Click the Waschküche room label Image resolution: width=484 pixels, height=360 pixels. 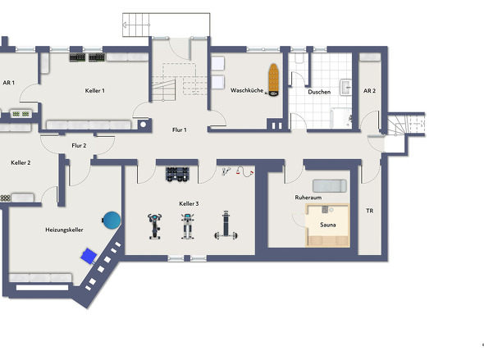click(x=247, y=90)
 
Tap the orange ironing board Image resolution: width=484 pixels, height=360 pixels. click(x=273, y=80)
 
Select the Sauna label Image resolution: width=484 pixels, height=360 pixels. click(x=328, y=225)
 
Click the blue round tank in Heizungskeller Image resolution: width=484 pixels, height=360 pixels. click(x=112, y=220)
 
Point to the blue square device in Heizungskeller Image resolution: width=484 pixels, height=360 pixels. click(x=89, y=256)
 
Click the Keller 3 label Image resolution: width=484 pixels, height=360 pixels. click(x=189, y=203)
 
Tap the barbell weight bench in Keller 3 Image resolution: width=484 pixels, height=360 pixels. click(x=226, y=226)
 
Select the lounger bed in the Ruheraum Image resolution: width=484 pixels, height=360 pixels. click(x=330, y=186)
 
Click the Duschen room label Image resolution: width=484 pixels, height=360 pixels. click(x=319, y=92)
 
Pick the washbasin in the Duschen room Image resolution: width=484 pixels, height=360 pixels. click(x=345, y=87)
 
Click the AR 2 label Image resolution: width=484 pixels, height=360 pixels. click(x=369, y=91)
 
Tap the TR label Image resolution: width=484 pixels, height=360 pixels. click(x=369, y=211)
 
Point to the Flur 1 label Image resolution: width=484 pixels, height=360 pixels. click(x=180, y=130)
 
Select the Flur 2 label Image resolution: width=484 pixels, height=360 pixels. click(x=79, y=145)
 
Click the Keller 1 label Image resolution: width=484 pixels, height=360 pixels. click(x=95, y=90)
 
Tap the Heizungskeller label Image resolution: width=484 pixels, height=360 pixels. click(x=64, y=230)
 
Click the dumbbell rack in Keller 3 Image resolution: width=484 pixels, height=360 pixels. click(x=177, y=174)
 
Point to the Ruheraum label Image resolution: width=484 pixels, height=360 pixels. click(x=308, y=198)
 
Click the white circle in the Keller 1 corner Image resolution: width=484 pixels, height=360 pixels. click(x=144, y=125)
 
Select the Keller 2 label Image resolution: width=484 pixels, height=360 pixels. click(x=21, y=162)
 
